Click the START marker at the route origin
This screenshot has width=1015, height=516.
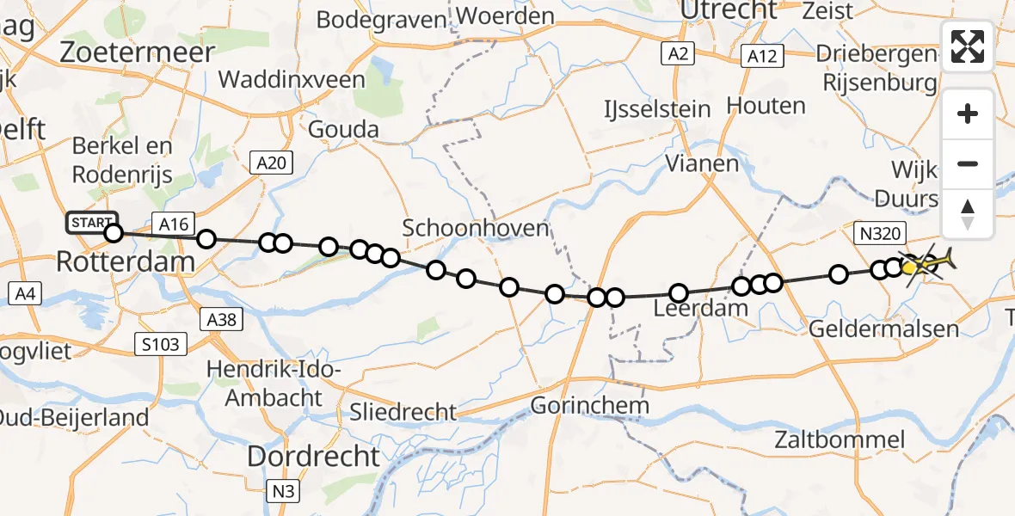tap(92, 224)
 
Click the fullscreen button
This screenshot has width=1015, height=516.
tap(968, 46)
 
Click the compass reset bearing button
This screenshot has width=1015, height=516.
tap(968, 213)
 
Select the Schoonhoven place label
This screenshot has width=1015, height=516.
tap(475, 228)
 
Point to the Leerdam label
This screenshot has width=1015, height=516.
tap(701, 309)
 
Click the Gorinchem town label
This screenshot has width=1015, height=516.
tap(589, 404)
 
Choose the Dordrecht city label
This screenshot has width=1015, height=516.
tap(313, 456)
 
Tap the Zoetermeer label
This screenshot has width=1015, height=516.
tap(137, 52)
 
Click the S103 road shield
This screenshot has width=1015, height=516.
tap(161, 345)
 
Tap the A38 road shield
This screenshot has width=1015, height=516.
tap(225, 320)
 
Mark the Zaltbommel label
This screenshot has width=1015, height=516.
tap(839, 440)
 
